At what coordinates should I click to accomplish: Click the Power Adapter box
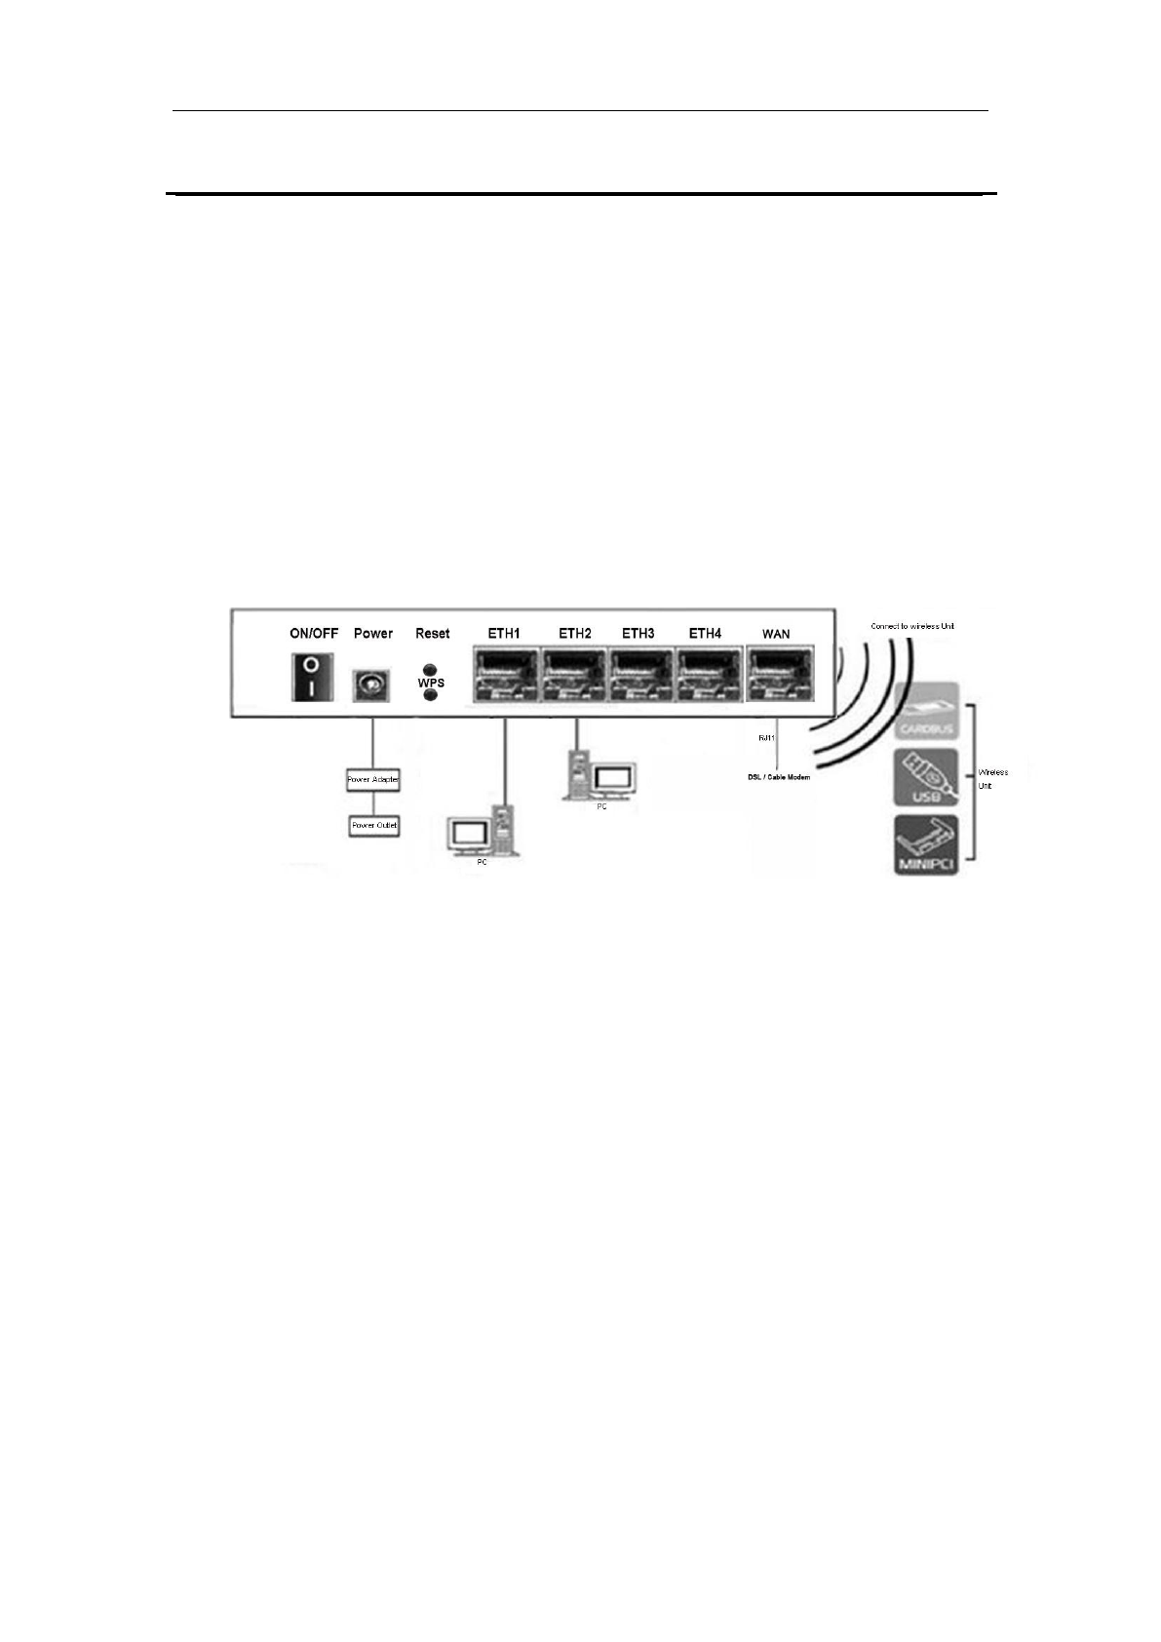(373, 780)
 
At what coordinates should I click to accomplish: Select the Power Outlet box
(374, 826)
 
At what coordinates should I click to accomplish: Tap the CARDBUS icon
(926, 711)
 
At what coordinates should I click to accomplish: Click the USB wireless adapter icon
(926, 778)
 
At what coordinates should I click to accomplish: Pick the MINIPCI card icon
(926, 844)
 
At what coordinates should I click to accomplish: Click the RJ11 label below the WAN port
(766, 738)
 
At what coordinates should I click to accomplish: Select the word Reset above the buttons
(432, 634)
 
